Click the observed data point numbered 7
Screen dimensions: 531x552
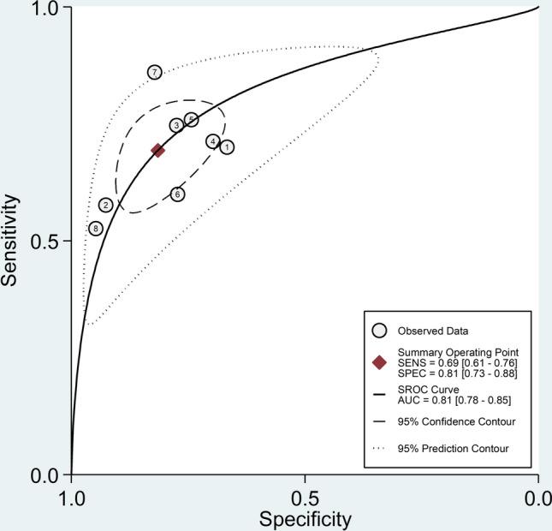click(x=154, y=72)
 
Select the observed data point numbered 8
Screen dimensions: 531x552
click(x=96, y=229)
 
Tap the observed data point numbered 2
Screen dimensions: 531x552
click(x=105, y=205)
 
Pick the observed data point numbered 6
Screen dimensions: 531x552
click(x=177, y=194)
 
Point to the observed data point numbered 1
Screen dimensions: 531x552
click(x=227, y=147)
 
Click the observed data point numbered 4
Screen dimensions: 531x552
click(x=212, y=141)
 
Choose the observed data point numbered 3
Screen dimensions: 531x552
click(x=176, y=125)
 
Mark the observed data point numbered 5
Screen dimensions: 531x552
click(x=192, y=119)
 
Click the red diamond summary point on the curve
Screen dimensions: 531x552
click(x=157, y=150)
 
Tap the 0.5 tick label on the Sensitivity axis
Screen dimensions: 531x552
click(x=49, y=241)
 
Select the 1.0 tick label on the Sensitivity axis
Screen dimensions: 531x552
click(x=49, y=8)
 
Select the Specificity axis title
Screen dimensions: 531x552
click(x=306, y=518)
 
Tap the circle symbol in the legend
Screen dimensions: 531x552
click(x=381, y=330)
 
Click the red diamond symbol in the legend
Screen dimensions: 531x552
click(x=381, y=362)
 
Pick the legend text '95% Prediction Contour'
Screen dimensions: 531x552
click(x=454, y=448)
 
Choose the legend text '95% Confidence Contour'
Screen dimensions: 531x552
click(x=455, y=421)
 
